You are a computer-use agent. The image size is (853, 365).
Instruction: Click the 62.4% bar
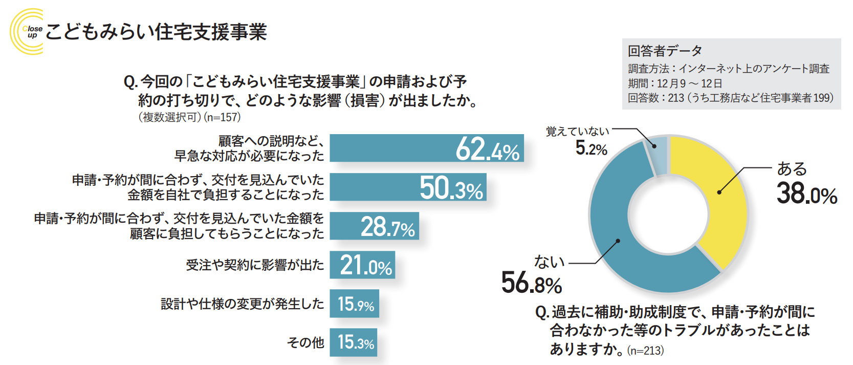pos(426,148)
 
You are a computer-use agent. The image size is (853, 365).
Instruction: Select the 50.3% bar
pos(408,187)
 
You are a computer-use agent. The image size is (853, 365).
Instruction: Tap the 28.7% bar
pos(374,226)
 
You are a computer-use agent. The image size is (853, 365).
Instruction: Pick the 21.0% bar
pos(362,265)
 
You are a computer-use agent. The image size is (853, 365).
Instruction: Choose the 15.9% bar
pos(354,304)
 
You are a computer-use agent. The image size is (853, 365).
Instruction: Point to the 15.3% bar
pos(354,342)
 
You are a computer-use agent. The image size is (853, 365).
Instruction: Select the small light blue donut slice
pos(659,154)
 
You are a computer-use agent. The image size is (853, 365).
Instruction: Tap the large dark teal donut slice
pos(622,241)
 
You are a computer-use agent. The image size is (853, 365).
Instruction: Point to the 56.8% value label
pos(532,283)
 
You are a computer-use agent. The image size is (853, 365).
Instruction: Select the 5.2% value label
pos(591,148)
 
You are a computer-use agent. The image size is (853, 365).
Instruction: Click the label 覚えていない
pos(577,132)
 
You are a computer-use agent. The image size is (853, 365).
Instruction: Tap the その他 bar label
pos(305,342)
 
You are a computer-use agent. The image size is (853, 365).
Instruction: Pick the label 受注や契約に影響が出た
pos(255,265)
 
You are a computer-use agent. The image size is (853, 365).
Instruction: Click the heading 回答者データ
pos(665,51)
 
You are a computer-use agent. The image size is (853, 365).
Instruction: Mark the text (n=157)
pos(222,117)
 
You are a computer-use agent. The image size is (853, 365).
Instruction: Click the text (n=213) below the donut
pos(645,351)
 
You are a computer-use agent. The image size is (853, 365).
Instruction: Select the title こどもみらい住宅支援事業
pos(156,32)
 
